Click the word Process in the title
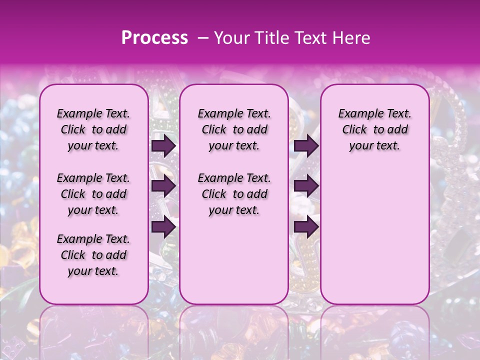point(154,38)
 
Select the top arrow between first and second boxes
point(163,146)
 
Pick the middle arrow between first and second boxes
point(163,186)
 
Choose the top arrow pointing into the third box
point(306,146)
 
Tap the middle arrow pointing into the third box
point(306,186)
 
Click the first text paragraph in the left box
point(93,129)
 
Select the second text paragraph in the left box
point(93,194)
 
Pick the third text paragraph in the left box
point(93,255)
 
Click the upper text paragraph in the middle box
point(234,129)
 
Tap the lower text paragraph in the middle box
point(234,194)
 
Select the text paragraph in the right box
point(375,129)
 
